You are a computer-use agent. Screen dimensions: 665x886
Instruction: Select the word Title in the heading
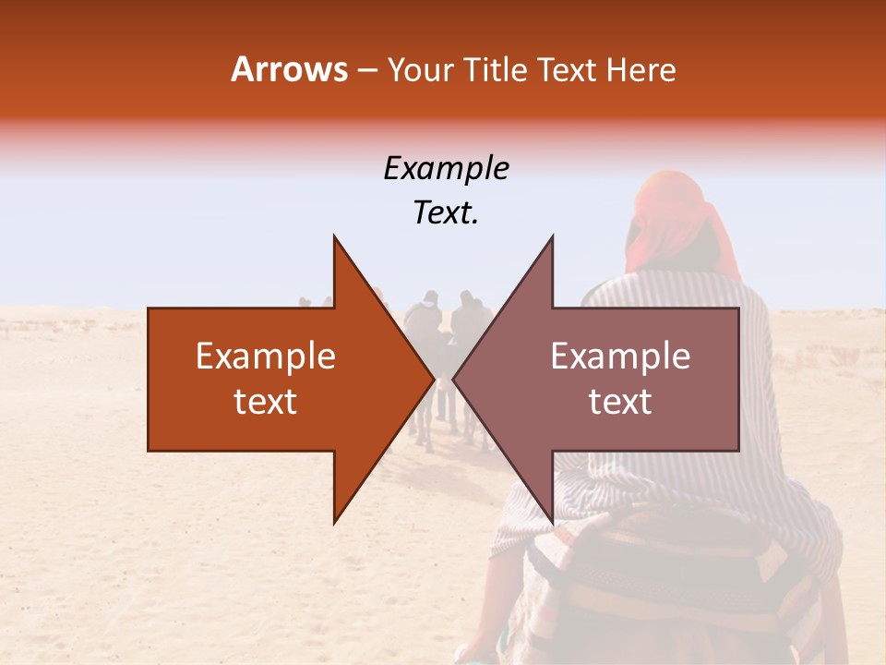[495, 69]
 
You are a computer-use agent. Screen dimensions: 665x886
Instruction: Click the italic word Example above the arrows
[446, 168]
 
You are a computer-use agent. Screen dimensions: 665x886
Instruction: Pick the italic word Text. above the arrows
[446, 213]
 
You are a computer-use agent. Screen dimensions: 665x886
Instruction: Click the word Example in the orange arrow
[266, 357]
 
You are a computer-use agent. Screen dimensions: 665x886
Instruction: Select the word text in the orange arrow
[266, 402]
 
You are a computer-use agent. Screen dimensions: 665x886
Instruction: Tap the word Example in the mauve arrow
[620, 357]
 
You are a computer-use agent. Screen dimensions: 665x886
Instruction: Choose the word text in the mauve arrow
[620, 402]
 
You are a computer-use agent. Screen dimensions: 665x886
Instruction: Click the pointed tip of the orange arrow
[430, 380]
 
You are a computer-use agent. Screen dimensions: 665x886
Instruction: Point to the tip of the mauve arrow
[457, 380]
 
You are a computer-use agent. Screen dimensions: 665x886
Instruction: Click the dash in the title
[366, 70]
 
